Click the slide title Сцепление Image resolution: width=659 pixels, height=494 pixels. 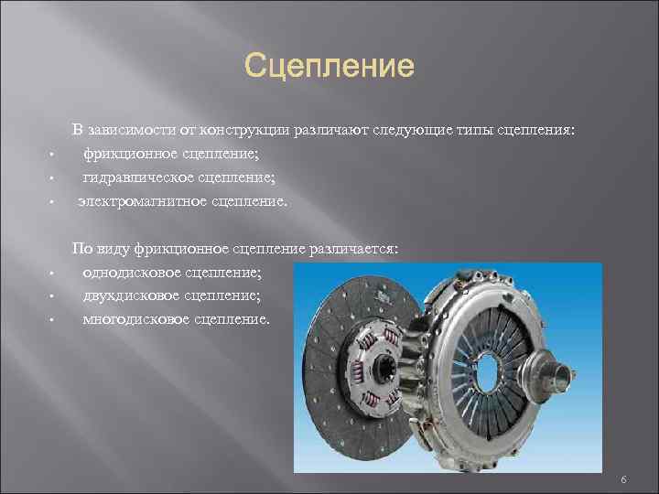point(329,67)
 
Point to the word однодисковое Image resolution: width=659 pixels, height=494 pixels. point(133,273)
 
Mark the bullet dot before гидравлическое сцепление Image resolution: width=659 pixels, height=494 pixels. point(54,178)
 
